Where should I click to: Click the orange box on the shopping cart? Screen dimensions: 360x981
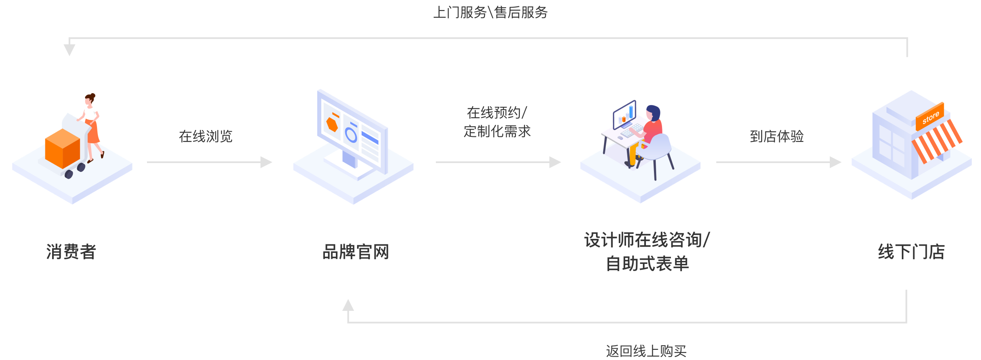62,149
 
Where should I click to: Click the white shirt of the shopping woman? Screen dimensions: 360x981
91,113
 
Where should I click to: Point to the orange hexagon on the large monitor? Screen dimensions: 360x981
332,124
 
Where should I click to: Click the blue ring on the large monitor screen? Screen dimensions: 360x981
351,135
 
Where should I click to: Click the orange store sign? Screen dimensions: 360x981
930,117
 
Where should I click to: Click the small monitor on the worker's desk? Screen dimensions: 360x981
625,114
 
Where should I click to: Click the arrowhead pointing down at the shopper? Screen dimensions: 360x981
69,50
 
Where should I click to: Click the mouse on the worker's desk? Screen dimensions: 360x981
620,138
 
